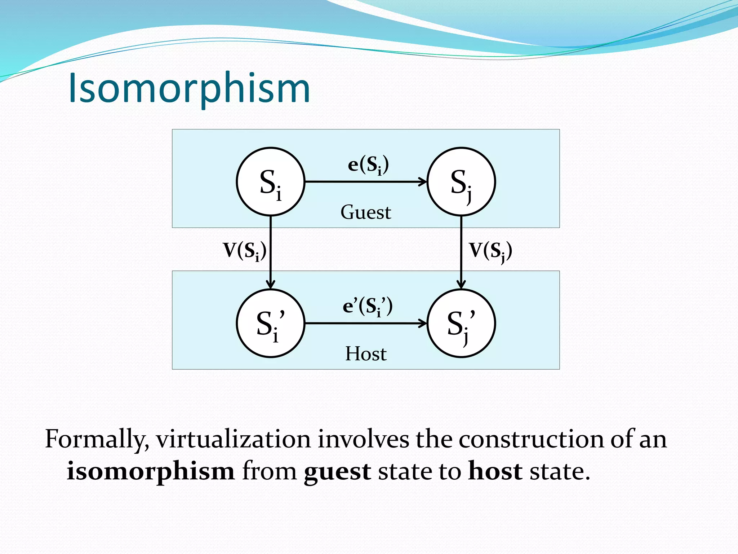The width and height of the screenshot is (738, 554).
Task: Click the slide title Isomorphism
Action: [x=189, y=88]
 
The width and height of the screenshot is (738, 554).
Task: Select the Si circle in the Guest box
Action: [x=271, y=181]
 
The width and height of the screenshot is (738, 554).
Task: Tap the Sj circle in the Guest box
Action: [x=461, y=181]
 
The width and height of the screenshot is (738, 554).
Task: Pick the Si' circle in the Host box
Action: [x=271, y=323]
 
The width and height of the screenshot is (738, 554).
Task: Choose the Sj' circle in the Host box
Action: [x=461, y=323]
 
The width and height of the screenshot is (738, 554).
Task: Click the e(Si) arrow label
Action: [x=368, y=165]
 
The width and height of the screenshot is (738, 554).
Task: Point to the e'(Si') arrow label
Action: [x=368, y=306]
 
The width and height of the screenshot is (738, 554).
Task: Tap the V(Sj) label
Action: [x=490, y=251]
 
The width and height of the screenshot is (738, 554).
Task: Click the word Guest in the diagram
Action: [x=366, y=212]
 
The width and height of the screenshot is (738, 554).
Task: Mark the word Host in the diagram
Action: [x=366, y=353]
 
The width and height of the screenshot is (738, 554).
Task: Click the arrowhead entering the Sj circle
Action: [x=423, y=181]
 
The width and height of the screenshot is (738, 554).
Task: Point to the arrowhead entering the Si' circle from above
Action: [x=271, y=284]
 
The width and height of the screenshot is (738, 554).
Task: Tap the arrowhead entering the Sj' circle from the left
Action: [x=423, y=323]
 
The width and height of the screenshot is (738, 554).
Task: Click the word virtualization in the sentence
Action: [x=233, y=439]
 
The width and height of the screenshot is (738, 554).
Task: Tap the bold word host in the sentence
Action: [x=495, y=471]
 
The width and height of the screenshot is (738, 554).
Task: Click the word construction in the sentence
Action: [x=531, y=439]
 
